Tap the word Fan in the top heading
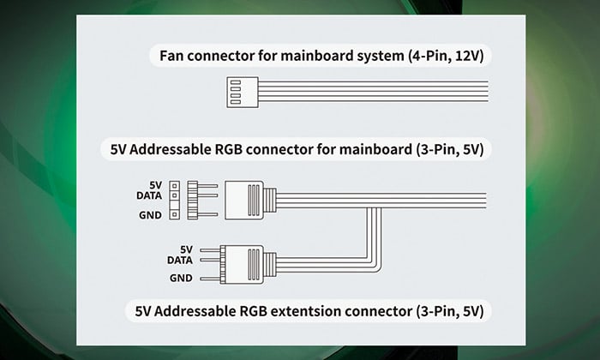coord(173,57)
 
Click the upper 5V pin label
coord(155,184)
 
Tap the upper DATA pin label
coord(149,195)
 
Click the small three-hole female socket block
coord(175,199)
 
